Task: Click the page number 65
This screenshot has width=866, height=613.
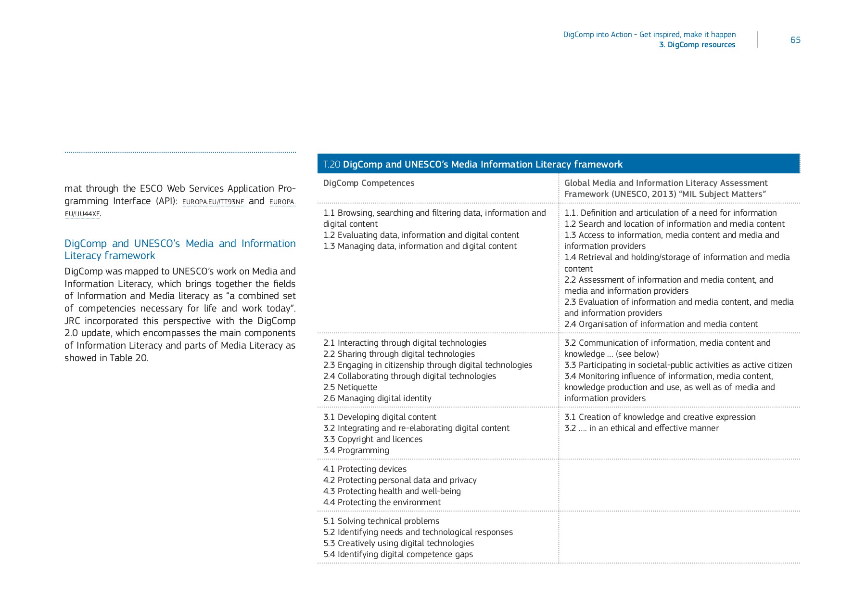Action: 795,40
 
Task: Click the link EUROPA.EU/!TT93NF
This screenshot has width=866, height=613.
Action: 213,202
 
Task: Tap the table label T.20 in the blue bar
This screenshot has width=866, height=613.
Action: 331,165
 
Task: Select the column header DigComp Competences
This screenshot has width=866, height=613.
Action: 369,183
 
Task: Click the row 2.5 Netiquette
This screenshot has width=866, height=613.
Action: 350,387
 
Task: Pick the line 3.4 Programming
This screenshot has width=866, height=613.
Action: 356,450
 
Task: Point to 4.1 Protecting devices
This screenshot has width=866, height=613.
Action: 365,469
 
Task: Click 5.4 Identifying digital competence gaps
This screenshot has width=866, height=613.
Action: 398,554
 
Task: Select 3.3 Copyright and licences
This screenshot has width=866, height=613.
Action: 372,439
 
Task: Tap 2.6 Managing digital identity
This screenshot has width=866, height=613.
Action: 377,398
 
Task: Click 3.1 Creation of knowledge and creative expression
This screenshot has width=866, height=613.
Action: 660,417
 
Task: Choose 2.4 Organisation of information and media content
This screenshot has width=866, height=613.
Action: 661,324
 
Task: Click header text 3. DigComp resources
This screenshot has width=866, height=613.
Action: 697,45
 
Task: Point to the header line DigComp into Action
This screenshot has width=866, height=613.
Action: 649,35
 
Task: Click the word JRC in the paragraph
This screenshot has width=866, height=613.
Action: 72,321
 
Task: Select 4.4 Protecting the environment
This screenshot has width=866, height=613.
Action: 382,502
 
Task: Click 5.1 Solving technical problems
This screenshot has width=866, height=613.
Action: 381,521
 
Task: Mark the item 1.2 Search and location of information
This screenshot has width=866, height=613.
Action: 674,224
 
